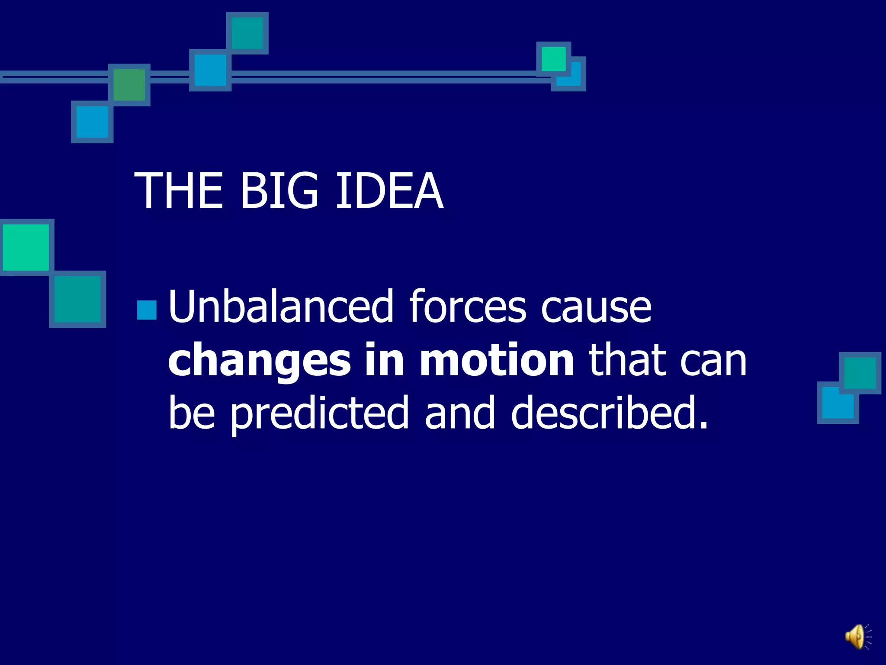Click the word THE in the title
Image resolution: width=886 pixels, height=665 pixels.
tap(178, 190)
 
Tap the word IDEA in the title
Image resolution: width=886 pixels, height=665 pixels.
tap(389, 190)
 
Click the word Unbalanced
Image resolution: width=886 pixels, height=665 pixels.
tap(281, 307)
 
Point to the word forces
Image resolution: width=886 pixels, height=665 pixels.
tap(468, 307)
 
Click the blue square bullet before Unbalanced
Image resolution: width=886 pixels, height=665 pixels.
tap(147, 310)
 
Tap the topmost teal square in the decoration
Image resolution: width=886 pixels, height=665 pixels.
tap(247, 33)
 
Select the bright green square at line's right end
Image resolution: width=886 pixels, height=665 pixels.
tap(553, 58)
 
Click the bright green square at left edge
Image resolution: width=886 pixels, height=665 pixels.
tap(26, 247)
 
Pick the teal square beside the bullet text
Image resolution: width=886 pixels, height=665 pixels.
tap(77, 299)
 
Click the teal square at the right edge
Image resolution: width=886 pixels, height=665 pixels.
tap(860, 373)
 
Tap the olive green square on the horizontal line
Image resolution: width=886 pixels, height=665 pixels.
tap(129, 85)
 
